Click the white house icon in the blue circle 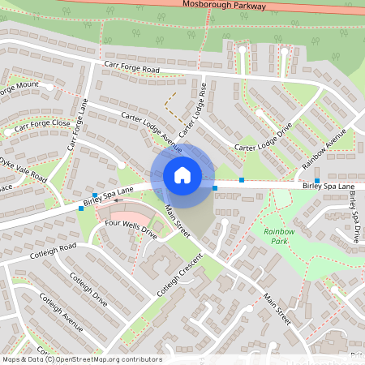(182, 174)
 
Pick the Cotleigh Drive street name (88, 288)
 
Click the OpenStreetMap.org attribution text (106, 359)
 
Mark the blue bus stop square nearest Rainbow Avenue (317, 181)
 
